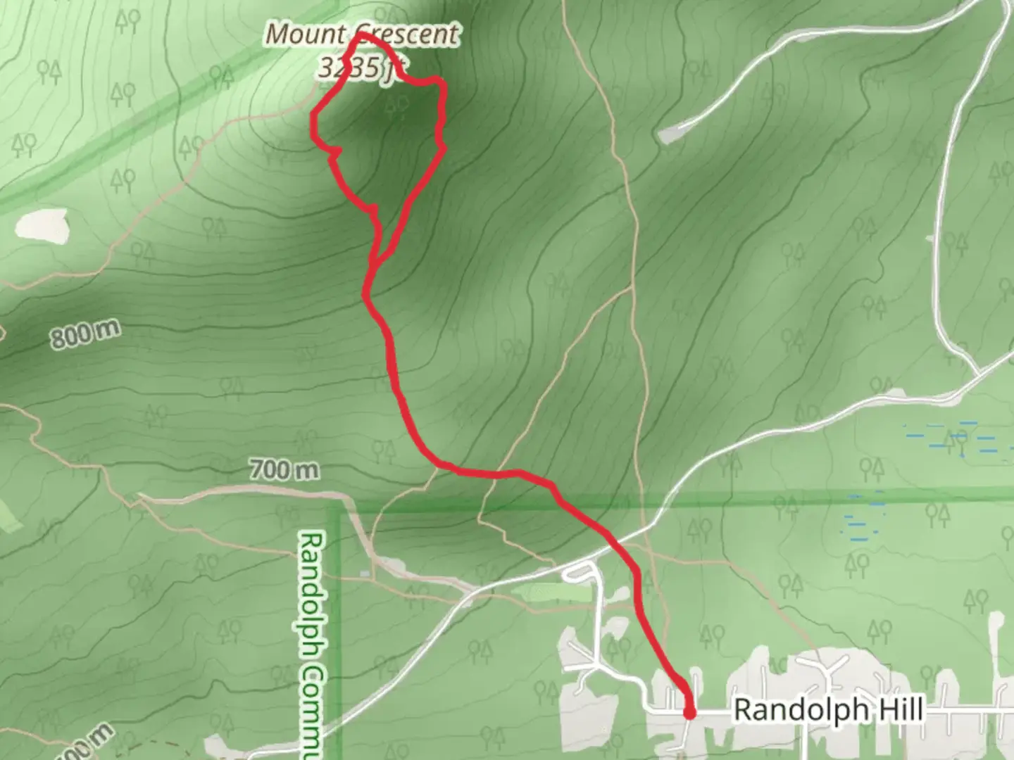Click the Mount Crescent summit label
click(x=363, y=34)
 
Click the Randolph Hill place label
click(x=828, y=710)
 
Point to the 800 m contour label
click(x=84, y=334)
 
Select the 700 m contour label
click(x=284, y=469)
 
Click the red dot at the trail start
click(x=689, y=714)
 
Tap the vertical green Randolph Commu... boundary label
click(x=311, y=644)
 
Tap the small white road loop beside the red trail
click(x=578, y=574)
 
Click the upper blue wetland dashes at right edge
click(x=944, y=436)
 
